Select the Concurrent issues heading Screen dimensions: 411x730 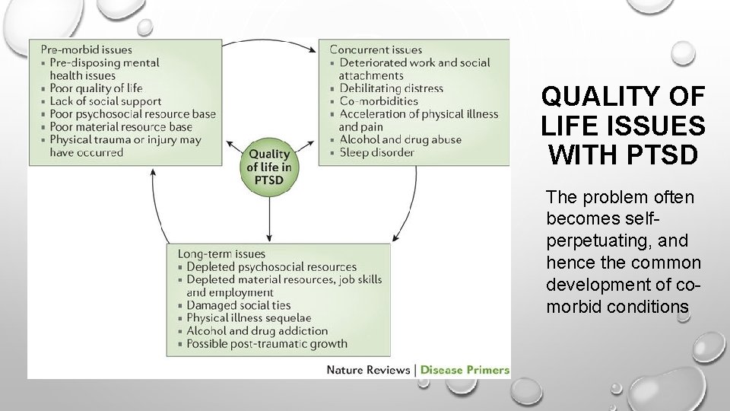[376, 49]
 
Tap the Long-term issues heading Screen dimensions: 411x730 [221, 253]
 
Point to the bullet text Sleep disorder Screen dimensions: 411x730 [376, 152]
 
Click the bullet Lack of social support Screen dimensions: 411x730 [106, 101]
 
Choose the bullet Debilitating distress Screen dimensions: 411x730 [391, 88]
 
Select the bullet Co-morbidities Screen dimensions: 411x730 [379, 101]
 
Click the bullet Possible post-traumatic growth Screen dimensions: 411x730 [266, 344]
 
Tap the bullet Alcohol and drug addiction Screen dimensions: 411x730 [257, 331]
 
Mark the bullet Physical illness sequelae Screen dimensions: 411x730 [249, 318]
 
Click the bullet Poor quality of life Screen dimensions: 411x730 [97, 88]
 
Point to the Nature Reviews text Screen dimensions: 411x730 [369, 370]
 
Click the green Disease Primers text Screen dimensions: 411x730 [465, 370]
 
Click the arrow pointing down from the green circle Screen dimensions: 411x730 [270, 221]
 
